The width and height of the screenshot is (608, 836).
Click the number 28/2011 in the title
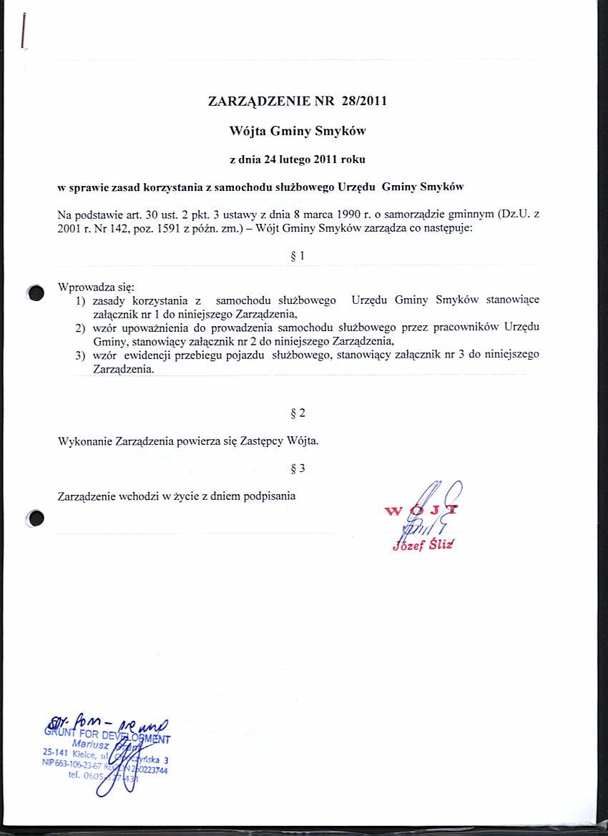click(x=364, y=101)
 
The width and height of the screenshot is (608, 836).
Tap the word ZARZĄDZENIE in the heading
click(x=259, y=101)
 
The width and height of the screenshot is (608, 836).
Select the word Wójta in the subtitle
click(x=247, y=131)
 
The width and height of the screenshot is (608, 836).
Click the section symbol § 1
click(x=298, y=255)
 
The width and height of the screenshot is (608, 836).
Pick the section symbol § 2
click(x=298, y=413)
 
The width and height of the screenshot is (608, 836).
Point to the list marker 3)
click(x=81, y=355)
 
